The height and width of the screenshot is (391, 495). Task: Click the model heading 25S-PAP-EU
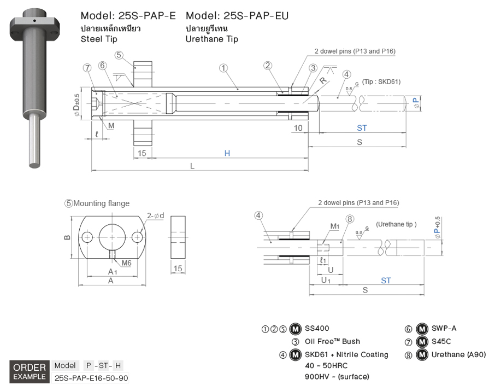click(237, 16)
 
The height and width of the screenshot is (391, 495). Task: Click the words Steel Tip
click(99, 39)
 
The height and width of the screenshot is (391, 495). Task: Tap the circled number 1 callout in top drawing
click(223, 68)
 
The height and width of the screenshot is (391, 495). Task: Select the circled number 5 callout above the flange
click(120, 55)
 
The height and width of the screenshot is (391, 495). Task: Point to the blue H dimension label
click(227, 154)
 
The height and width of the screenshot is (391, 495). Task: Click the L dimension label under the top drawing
click(192, 166)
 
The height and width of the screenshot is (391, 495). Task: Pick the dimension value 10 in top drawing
click(298, 128)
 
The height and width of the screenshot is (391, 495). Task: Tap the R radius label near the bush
click(324, 80)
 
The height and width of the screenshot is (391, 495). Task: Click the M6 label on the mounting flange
click(126, 263)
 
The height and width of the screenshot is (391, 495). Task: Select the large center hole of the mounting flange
click(112, 236)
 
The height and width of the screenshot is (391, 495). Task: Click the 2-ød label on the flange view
click(155, 215)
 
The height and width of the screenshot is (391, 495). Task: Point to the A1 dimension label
click(113, 271)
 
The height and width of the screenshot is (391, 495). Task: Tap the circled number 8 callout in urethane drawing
click(350, 219)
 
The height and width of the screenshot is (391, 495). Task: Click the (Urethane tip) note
click(396, 224)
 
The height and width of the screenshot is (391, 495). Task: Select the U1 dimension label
click(326, 280)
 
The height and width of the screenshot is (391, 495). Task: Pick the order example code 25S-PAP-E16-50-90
click(91, 377)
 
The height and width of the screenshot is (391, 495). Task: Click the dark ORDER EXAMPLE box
click(30, 371)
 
